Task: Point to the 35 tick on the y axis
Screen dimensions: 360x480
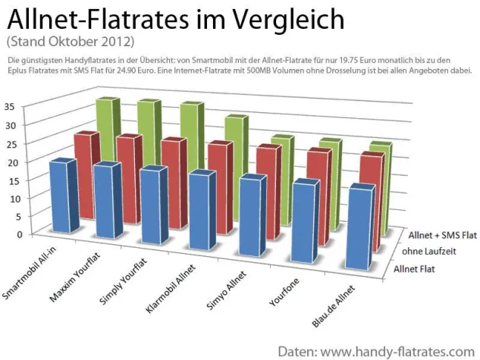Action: point(8,107)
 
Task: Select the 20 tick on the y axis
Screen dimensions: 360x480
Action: point(8,161)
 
